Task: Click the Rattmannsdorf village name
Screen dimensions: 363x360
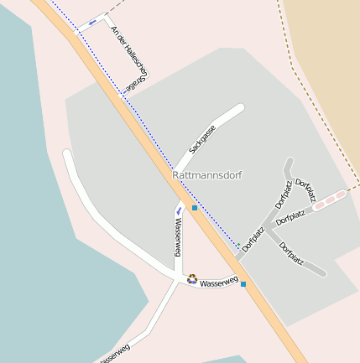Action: tap(206, 176)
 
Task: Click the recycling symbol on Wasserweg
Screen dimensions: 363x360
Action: tap(192, 278)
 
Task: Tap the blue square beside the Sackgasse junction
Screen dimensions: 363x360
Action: tap(195, 207)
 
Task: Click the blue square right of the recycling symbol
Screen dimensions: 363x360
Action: tap(243, 284)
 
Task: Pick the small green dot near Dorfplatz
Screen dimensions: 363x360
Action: tap(238, 245)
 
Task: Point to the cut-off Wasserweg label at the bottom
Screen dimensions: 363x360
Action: tap(114, 355)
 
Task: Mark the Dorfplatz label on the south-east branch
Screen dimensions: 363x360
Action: tap(291, 253)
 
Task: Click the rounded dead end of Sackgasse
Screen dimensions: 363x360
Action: tap(240, 108)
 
